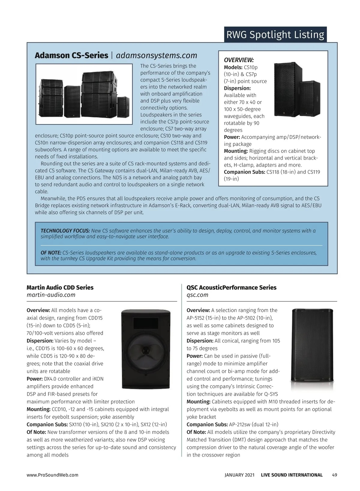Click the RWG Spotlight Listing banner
(275, 35)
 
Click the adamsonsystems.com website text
(156, 55)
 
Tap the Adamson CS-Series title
(71, 55)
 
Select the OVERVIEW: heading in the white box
(239, 60)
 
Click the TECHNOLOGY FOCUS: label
(65, 231)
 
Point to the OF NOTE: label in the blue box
(51, 253)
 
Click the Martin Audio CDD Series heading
(60, 287)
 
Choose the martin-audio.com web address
(51, 295)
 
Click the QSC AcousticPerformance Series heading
(231, 287)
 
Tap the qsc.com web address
(197, 295)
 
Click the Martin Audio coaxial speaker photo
(146, 349)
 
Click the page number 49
(334, 475)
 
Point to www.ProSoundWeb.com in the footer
(52, 475)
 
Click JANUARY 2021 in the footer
(239, 475)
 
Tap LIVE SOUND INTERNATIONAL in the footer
(292, 475)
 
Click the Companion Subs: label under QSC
(207, 424)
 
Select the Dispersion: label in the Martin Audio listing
(40, 341)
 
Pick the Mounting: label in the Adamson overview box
(236, 151)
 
